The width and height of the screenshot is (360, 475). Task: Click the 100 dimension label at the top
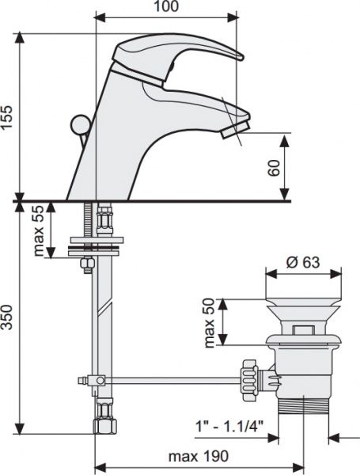(x=166, y=6)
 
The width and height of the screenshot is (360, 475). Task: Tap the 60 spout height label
(x=274, y=168)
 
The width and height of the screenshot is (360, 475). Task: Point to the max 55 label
(x=39, y=231)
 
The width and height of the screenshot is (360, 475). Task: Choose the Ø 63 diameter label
(x=303, y=262)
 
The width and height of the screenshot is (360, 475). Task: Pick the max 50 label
(x=209, y=323)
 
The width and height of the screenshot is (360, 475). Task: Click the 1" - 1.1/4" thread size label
(x=229, y=427)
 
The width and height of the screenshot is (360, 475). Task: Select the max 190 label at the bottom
(x=199, y=456)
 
